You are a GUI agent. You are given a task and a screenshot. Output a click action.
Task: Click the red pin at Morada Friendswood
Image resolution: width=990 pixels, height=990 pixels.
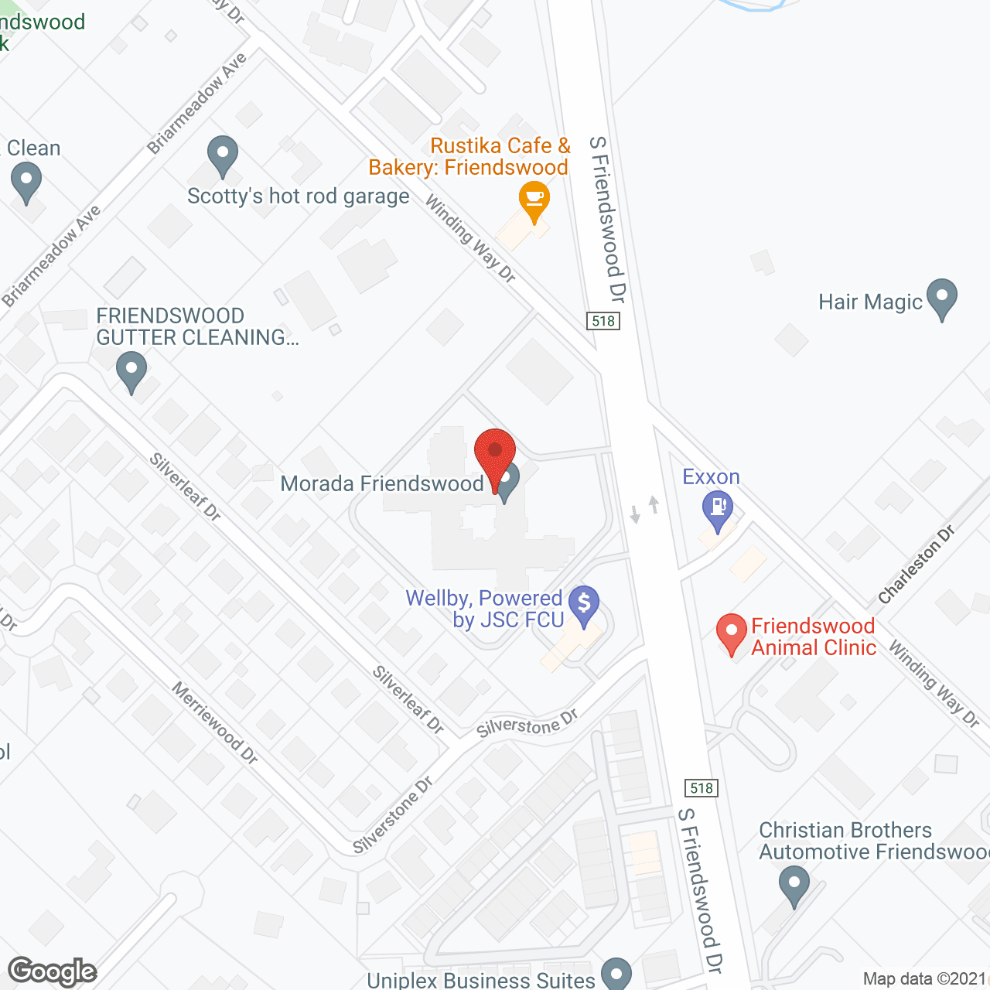pyautogui.click(x=494, y=450)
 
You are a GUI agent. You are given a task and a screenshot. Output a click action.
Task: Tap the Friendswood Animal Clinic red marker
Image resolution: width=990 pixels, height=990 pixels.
pyautogui.click(x=732, y=632)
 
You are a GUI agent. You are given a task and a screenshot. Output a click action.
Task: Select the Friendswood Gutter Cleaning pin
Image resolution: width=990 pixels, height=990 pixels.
pyautogui.click(x=131, y=370)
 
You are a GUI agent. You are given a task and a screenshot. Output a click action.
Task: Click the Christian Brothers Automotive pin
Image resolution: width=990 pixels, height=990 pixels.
pyautogui.click(x=794, y=883)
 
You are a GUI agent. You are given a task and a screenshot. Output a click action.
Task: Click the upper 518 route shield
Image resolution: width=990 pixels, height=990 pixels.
pyautogui.click(x=603, y=321)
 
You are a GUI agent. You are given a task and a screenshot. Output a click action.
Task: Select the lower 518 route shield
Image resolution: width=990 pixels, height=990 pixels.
pyautogui.click(x=702, y=788)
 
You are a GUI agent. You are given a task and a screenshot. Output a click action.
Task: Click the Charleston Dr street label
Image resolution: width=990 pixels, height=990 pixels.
pyautogui.click(x=917, y=565)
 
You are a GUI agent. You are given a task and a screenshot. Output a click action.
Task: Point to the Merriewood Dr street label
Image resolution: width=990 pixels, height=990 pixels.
pyautogui.click(x=214, y=723)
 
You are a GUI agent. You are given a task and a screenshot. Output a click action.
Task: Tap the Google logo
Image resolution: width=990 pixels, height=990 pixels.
pyautogui.click(x=53, y=971)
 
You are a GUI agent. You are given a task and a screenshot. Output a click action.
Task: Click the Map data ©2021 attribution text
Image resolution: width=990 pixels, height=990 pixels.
pyautogui.click(x=924, y=979)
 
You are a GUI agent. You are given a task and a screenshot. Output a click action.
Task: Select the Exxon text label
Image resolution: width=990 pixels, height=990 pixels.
pyautogui.click(x=711, y=477)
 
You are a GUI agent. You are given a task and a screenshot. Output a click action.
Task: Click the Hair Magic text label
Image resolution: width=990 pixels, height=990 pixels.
pyautogui.click(x=870, y=302)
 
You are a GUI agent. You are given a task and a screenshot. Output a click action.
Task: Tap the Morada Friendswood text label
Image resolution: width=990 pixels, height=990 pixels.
pyautogui.click(x=382, y=484)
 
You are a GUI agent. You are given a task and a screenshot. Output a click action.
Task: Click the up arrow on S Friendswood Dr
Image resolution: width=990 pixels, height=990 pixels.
pyautogui.click(x=654, y=504)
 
